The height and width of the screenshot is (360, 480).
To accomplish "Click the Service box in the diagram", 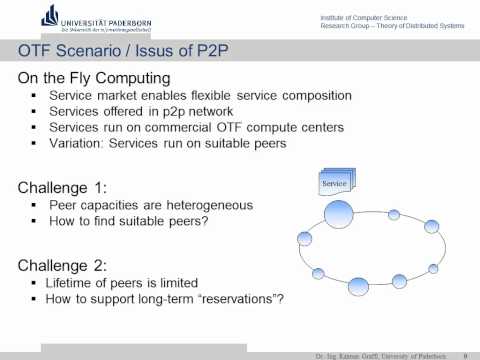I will tap(334, 183).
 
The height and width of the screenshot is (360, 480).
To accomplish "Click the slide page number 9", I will tap(466, 354).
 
